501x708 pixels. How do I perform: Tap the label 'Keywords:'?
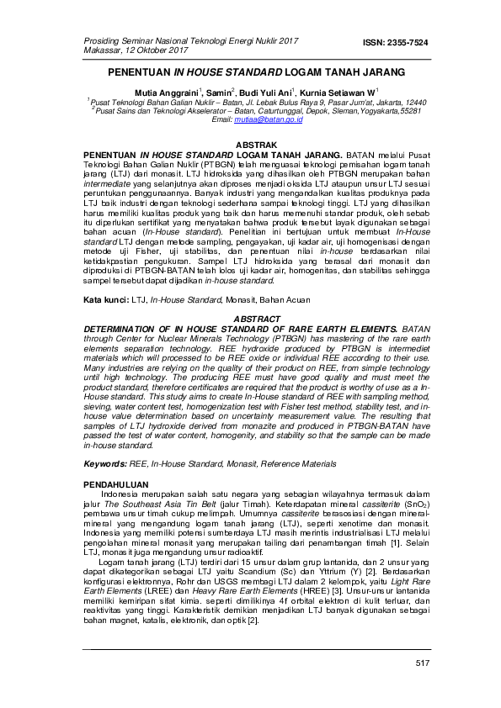pos(104,464)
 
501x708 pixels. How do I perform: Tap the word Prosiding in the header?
pos(101,40)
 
